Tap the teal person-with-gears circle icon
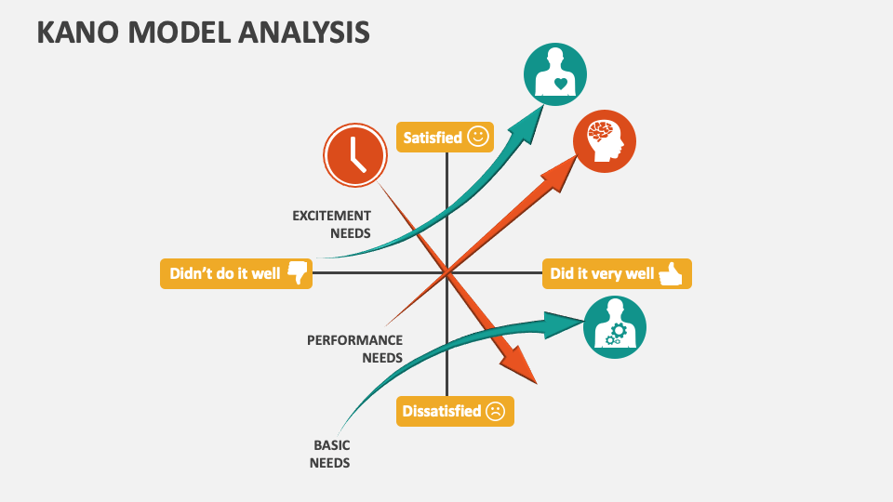(614, 327)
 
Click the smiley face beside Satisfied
(478, 137)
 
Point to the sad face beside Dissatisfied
(495, 411)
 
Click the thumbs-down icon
(297, 273)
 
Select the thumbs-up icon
(671, 273)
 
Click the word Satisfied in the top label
(433, 138)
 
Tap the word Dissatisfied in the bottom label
(441, 411)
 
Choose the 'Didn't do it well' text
(224, 274)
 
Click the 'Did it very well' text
(602, 274)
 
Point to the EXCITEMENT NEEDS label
(332, 224)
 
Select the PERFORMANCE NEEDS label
(355, 349)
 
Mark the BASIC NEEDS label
(330, 454)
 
